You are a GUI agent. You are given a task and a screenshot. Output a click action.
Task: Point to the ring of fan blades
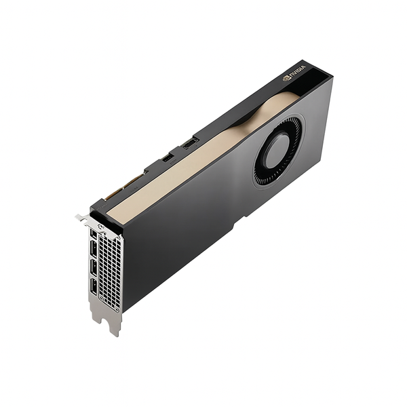point(260,168)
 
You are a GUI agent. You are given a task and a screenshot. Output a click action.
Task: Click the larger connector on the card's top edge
point(190,143)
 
